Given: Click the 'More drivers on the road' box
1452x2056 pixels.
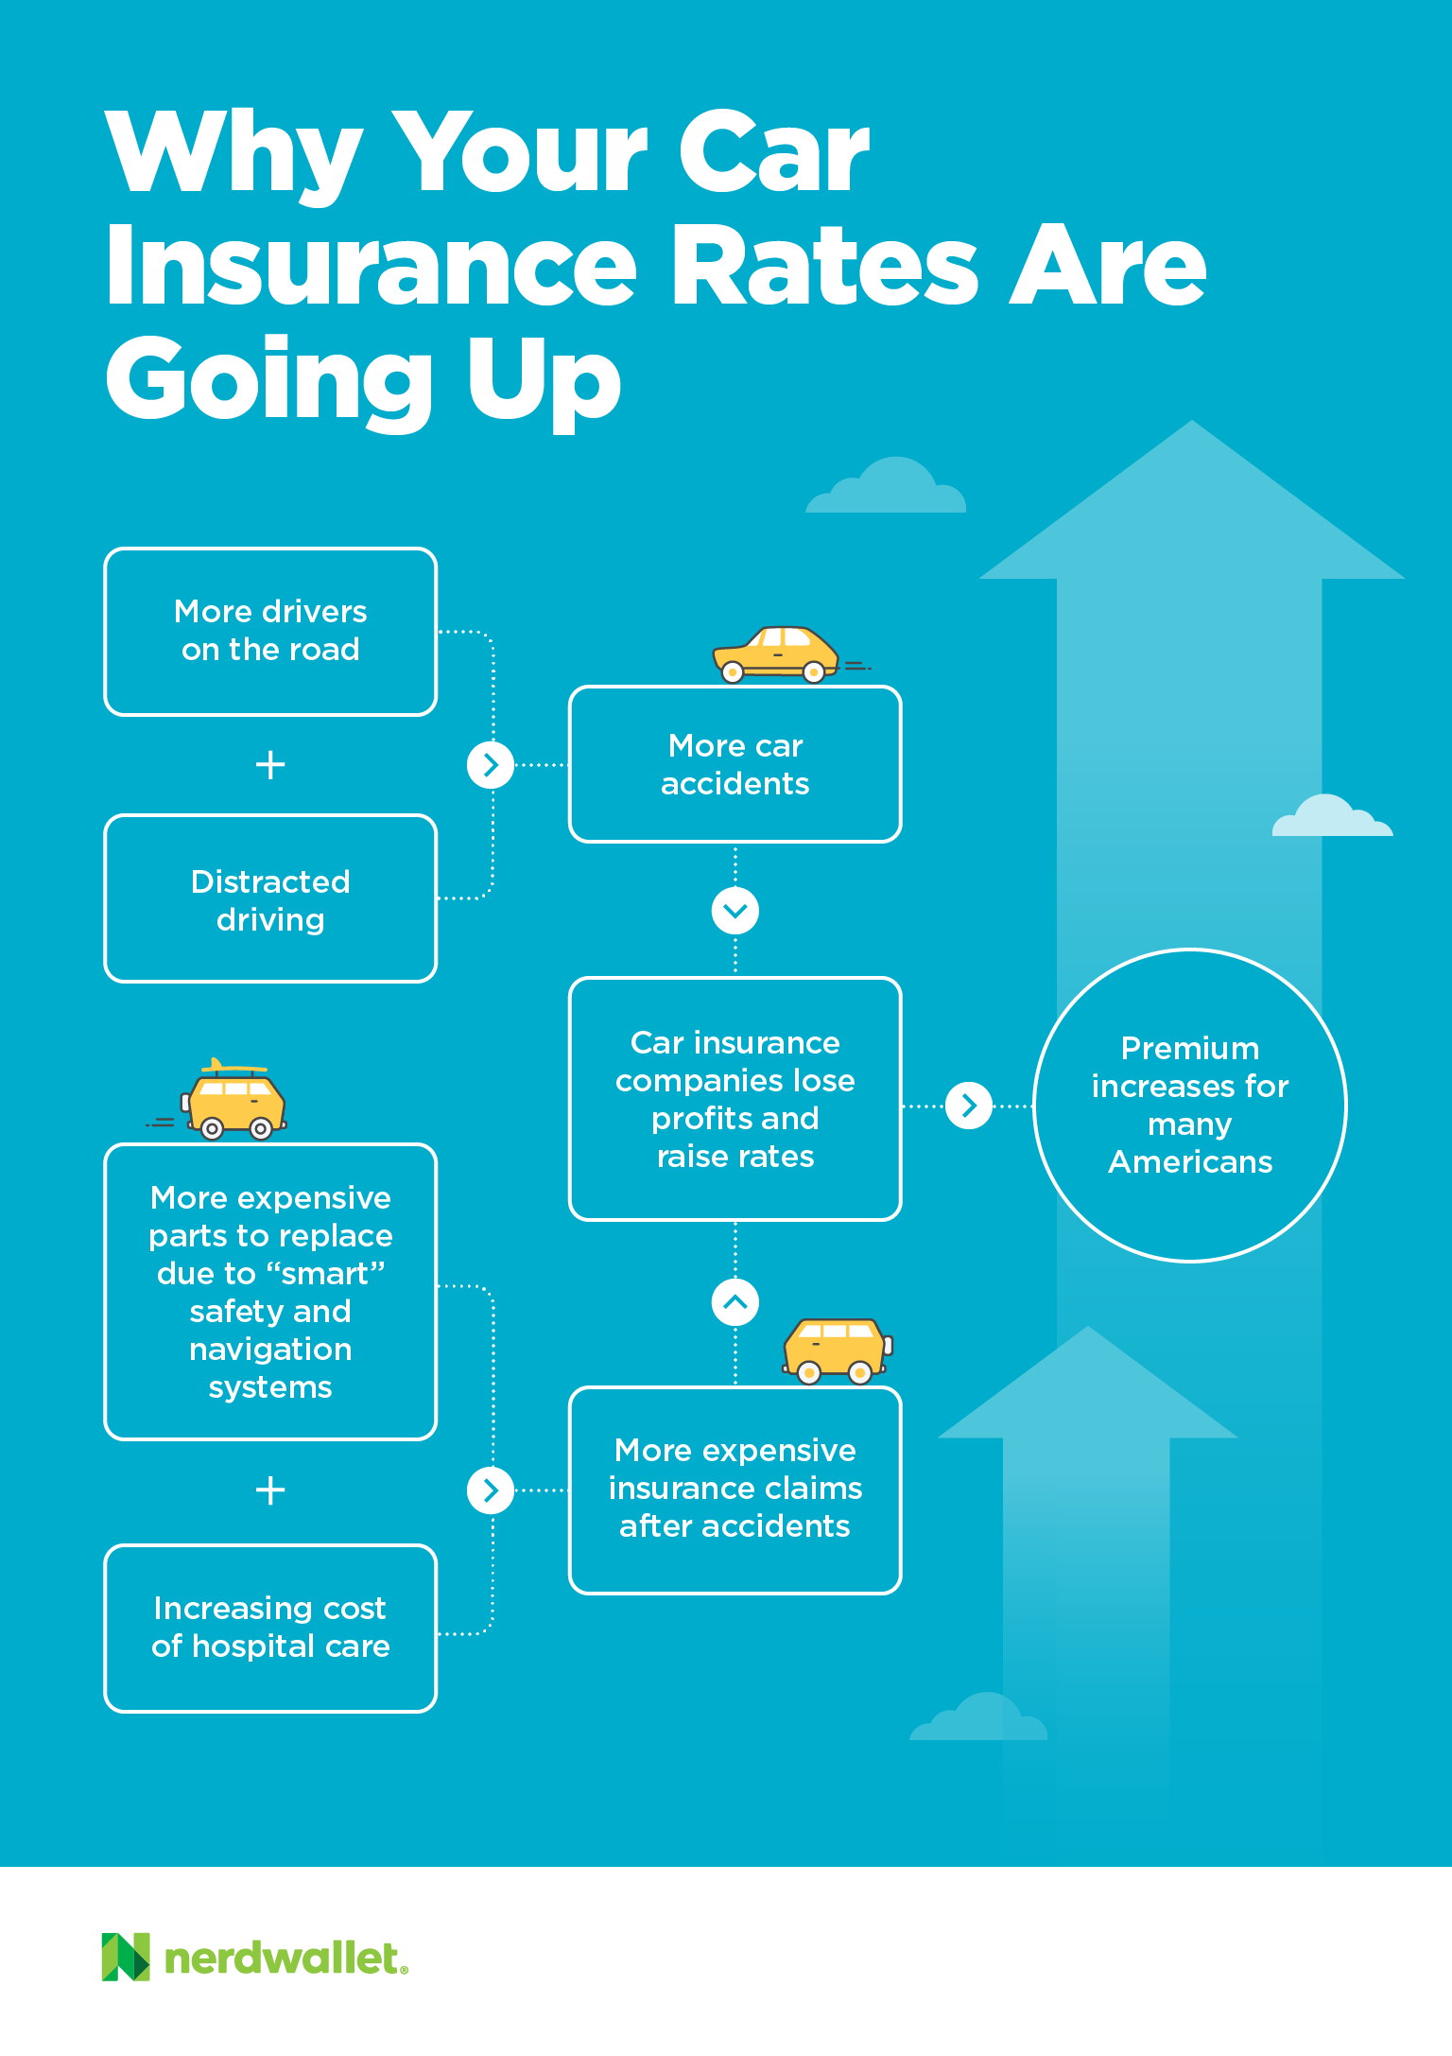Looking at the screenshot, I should coord(270,631).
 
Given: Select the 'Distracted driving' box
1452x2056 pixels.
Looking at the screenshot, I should coord(270,898).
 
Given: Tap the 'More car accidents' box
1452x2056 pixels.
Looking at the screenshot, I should coord(735,764).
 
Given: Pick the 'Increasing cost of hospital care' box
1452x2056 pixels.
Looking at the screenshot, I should coord(270,1628).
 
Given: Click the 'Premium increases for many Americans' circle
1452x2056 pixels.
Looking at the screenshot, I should coord(1189,1105).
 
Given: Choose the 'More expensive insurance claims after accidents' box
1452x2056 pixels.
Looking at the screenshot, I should coord(735,1489).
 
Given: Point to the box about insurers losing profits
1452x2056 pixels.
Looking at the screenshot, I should coord(735,1099).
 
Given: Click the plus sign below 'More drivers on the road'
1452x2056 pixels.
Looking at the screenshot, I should coord(270,764).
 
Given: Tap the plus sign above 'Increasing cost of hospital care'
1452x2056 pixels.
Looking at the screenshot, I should coord(270,1490).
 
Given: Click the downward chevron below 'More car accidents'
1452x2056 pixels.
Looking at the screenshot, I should coord(735,911).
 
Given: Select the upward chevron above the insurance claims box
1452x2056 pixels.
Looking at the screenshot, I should coord(735,1302).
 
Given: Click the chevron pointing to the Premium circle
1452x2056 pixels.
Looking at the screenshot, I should coord(968,1105).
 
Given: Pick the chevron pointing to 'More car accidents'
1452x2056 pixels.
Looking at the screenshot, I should coord(490,764).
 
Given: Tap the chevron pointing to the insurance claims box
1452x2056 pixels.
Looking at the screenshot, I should coord(490,1490).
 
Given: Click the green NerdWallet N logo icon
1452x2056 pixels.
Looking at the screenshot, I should coord(126,1957).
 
